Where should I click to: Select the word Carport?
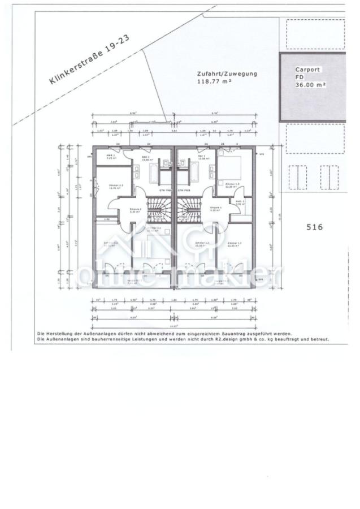[307, 70]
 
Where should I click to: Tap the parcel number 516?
[314, 227]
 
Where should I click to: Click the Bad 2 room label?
[145, 157]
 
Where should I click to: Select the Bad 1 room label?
[201, 157]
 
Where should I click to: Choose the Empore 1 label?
[215, 209]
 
